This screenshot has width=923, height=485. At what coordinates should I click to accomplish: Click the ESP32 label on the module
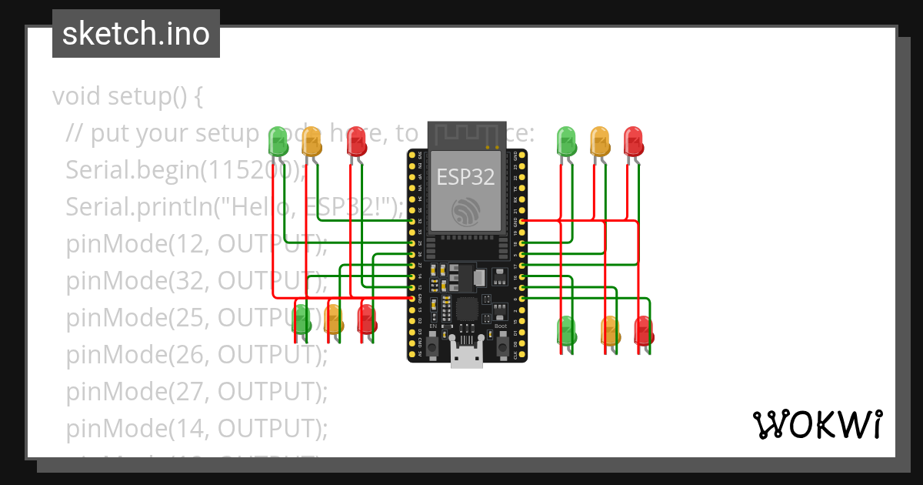pos(466,177)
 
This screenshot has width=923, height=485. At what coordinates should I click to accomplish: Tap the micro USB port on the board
pos(466,356)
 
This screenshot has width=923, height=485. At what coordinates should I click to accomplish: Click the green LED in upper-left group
pos(278,142)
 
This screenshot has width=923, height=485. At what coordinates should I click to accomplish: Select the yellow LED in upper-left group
pos(312,142)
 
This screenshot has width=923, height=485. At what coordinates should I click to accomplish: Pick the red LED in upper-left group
pos(356,142)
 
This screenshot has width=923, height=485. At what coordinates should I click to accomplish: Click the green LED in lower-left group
pos(302,318)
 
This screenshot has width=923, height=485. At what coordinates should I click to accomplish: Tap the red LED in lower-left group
pos(367,318)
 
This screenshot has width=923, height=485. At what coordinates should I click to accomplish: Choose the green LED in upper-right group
pos(567,142)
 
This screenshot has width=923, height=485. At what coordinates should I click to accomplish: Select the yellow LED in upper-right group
pos(600,142)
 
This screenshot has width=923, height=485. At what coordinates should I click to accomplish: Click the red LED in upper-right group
pos(633,142)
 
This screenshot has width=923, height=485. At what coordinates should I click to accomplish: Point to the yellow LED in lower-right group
pos(609,329)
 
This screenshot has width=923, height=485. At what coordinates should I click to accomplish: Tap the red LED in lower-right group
pos(643,329)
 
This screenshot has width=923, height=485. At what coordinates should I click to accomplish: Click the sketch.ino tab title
pos(135,34)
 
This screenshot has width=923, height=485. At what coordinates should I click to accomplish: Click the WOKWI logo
pos(817,424)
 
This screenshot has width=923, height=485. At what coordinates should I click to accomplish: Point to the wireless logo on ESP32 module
pos(466,212)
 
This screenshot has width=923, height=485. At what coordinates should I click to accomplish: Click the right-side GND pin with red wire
pos(523,221)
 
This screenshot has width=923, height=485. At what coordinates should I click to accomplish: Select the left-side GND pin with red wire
pos(412,298)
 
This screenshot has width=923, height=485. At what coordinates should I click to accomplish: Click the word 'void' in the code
pos(77,97)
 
